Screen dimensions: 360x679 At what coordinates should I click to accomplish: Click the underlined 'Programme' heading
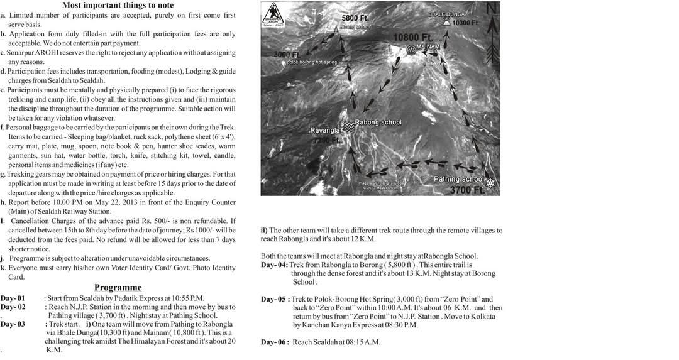(x=118, y=287)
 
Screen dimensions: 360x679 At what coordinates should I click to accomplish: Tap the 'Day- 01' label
(x=13, y=298)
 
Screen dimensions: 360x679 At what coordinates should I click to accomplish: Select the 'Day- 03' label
(x=13, y=324)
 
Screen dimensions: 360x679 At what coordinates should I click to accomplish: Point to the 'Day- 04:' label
(x=275, y=265)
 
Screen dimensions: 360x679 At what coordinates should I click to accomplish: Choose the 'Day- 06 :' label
(x=275, y=342)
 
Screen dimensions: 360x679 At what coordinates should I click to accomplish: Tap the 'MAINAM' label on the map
(x=429, y=47)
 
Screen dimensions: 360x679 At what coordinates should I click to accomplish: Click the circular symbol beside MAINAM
(x=411, y=49)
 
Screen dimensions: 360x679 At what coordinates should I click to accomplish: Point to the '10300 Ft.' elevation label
(x=466, y=23)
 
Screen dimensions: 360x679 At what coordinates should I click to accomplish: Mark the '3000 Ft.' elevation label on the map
(x=287, y=55)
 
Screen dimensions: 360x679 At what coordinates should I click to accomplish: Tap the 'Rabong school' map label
(x=378, y=123)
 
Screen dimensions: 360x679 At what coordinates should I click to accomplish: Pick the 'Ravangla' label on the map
(x=325, y=131)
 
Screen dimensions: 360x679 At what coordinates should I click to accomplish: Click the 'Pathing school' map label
(x=459, y=179)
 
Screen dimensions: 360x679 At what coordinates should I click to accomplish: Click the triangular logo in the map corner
(x=273, y=13)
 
